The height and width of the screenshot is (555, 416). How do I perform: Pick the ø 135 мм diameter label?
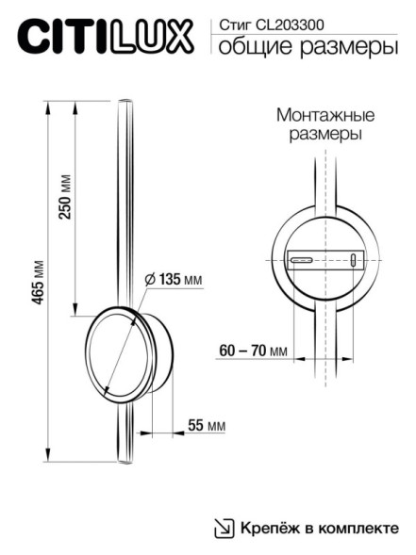(x=175, y=280)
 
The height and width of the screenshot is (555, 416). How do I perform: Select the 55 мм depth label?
(x=207, y=426)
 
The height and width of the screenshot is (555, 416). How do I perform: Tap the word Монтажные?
(x=325, y=115)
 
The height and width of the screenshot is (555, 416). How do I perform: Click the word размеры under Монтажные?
(x=325, y=135)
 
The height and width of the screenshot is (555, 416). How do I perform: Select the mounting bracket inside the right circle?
(x=324, y=259)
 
